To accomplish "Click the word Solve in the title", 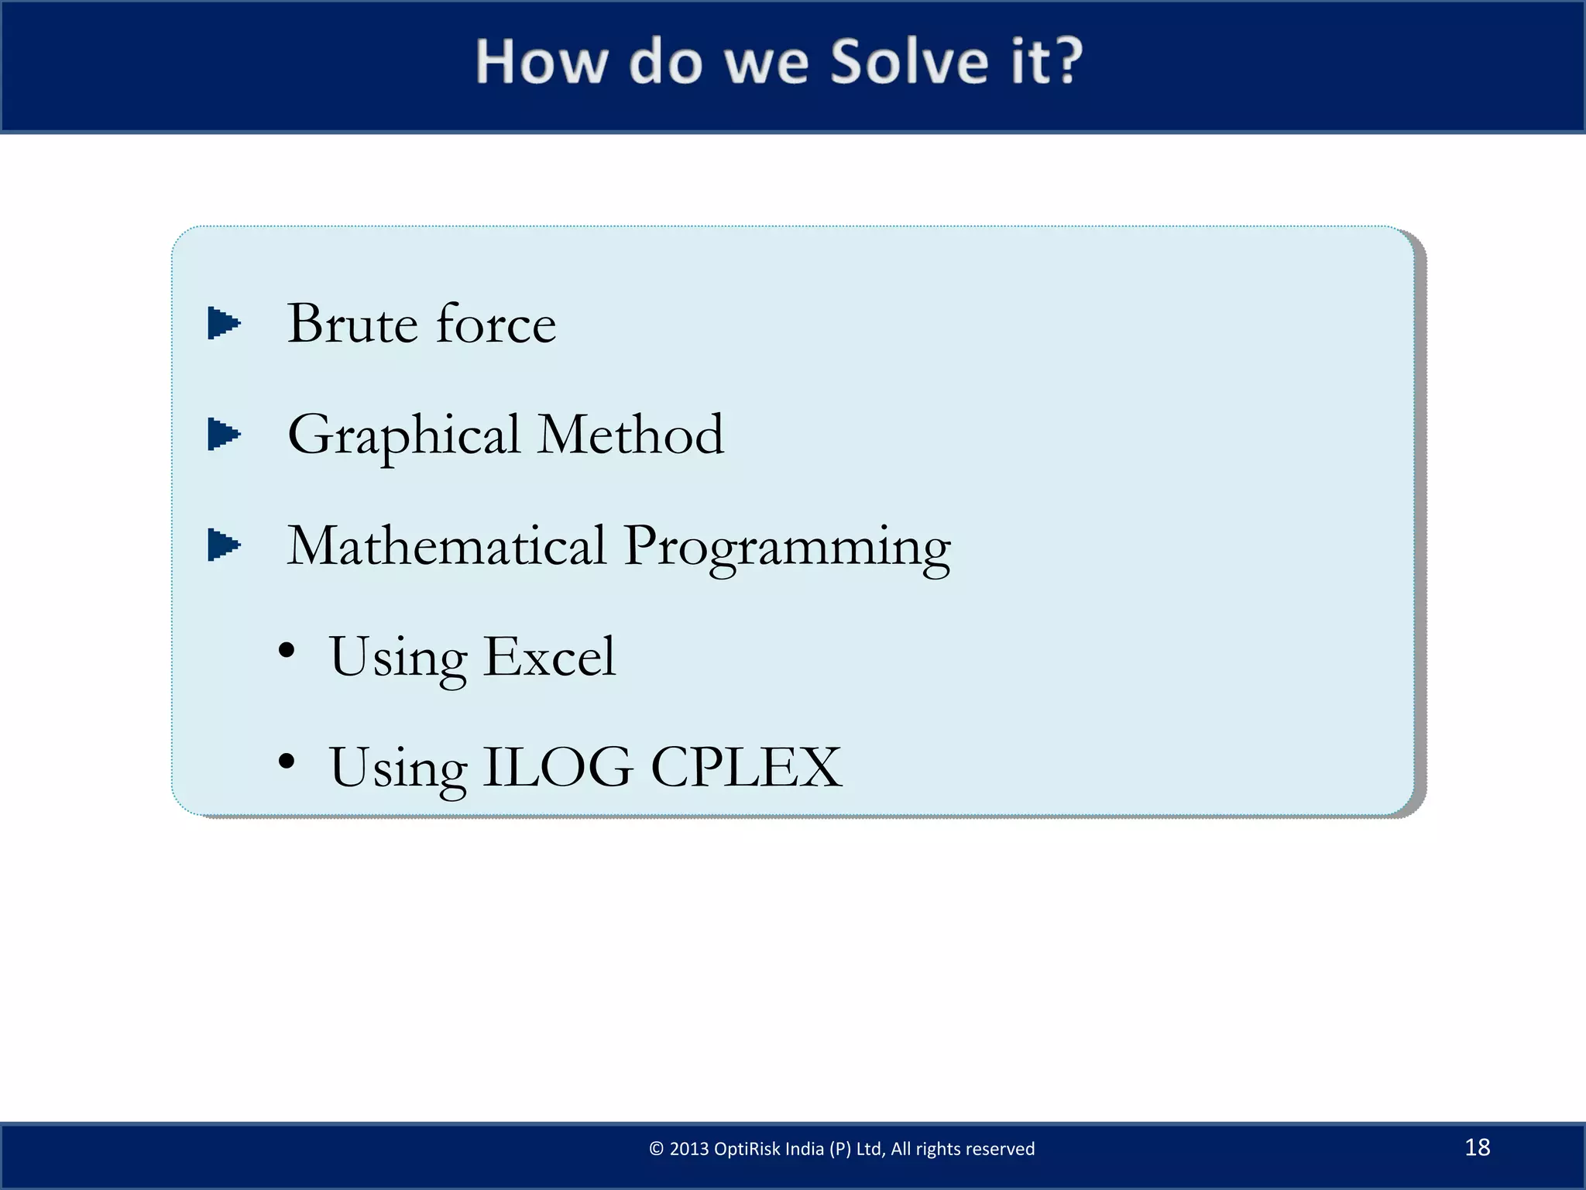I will (909, 62).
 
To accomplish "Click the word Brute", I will (352, 324).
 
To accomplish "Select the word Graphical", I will (403, 436).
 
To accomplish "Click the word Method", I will (630, 435).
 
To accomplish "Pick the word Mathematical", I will (446, 545).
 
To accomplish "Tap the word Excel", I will (549, 657).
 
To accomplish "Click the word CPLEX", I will (746, 768).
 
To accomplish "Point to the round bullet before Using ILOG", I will (287, 762).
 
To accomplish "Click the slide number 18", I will (1477, 1147).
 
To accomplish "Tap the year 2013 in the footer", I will (688, 1149).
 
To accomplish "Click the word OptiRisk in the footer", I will (747, 1149).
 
